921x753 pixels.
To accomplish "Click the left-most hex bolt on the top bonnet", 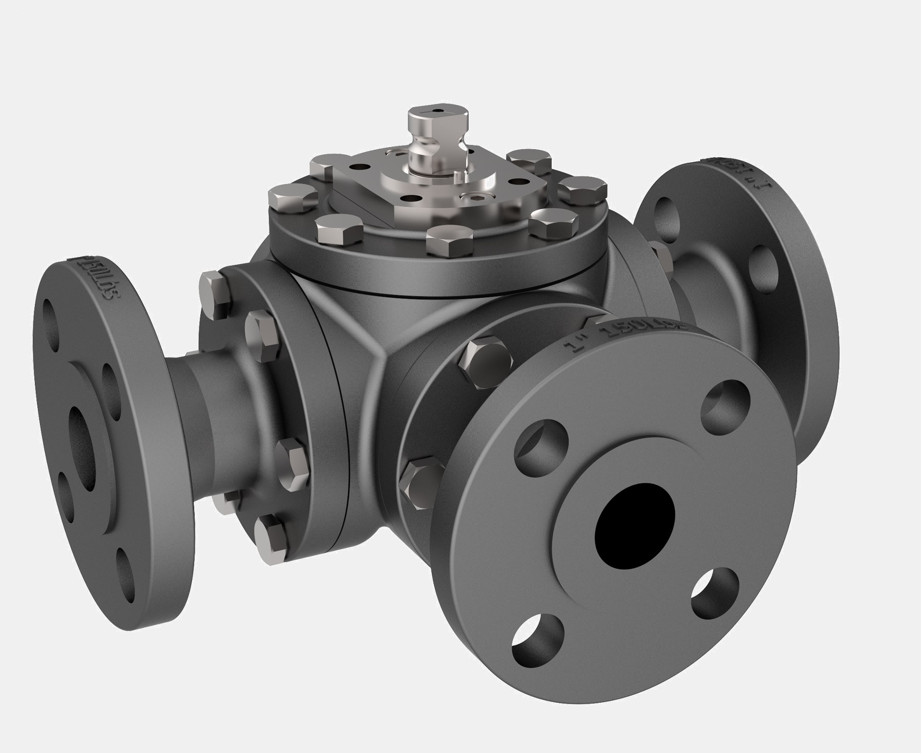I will point(291,198).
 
